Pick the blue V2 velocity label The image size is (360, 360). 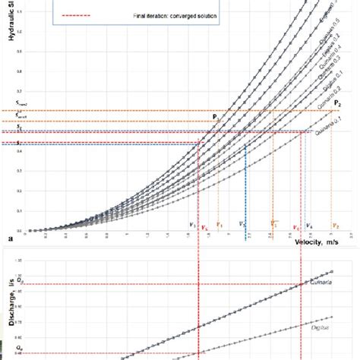tap(242, 225)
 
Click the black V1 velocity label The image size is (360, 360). tap(192, 225)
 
